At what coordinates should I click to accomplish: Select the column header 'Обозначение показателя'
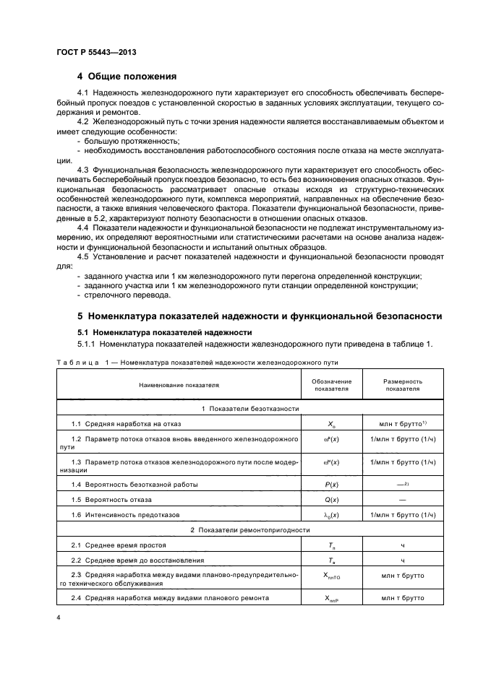point(332,385)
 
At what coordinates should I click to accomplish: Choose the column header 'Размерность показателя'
point(403,385)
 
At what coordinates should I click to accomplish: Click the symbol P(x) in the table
point(332,483)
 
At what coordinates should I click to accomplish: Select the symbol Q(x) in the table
point(332,498)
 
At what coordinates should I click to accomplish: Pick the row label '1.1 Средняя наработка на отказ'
point(126,423)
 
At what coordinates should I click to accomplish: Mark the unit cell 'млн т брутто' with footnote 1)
point(403,423)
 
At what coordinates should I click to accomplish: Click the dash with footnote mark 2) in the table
point(403,483)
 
